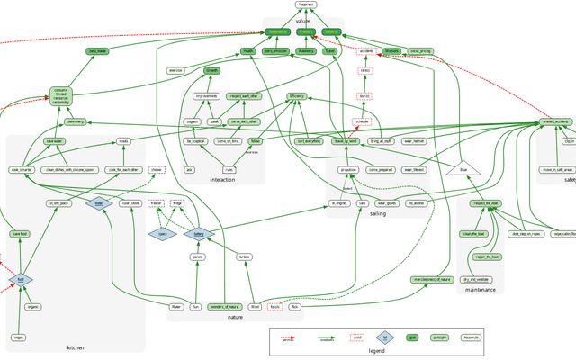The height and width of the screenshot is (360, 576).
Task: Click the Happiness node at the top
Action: [307, 4]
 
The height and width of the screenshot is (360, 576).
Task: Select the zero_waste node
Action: [98, 52]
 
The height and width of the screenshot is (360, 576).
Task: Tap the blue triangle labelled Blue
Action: [463, 169]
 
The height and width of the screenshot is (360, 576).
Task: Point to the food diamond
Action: [20, 280]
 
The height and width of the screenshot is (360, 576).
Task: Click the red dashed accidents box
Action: [365, 51]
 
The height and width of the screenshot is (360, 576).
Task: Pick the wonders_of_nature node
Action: [225, 307]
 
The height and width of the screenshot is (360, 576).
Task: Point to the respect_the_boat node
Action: [485, 204]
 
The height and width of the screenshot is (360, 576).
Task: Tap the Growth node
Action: [212, 70]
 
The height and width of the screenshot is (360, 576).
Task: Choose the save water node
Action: [55, 141]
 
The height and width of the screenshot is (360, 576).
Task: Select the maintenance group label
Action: [484, 290]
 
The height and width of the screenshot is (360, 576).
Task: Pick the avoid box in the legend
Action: [356, 337]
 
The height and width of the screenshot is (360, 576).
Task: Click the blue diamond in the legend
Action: [384, 337]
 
